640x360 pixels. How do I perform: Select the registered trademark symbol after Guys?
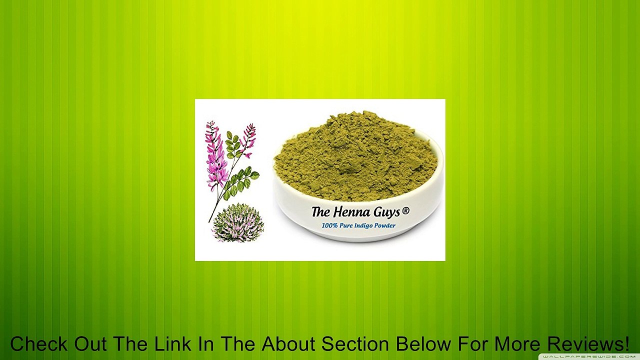coord(405,211)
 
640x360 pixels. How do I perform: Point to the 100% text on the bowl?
coord(329,225)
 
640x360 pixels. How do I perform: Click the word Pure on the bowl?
coord(346,225)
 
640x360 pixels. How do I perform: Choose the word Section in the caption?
coord(355,344)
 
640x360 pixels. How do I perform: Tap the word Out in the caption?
coord(91,344)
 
